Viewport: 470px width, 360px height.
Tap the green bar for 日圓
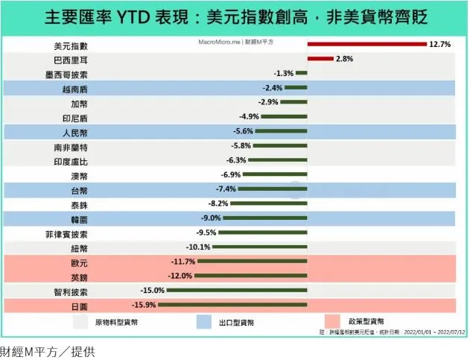[232, 305]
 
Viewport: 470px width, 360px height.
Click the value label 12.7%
[439, 44]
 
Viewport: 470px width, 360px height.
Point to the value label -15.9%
[144, 305]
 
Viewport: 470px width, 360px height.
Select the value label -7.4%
[226, 189]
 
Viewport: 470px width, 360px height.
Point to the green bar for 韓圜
[264, 218]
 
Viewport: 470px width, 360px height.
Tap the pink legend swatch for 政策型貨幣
[335, 323]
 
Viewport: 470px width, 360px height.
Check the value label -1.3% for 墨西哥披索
[284, 73]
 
